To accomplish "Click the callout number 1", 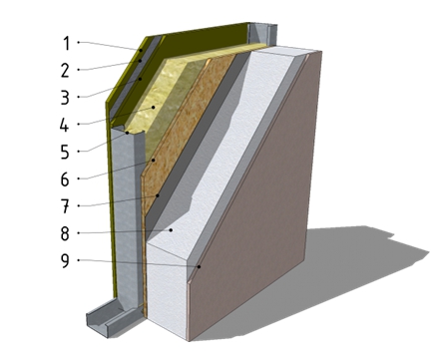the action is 67,43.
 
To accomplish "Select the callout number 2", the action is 65,71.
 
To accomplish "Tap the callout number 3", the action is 65,98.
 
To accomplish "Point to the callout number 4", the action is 65,125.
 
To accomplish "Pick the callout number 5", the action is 65,153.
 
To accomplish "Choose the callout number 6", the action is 65,180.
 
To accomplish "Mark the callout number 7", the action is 65,206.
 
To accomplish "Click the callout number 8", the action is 65,233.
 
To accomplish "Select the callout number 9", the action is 65,261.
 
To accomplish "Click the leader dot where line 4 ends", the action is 154,107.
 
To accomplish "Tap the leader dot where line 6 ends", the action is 154,161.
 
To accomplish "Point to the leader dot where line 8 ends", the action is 171,229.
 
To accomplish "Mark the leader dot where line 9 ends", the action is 200,266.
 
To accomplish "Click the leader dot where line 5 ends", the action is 128,133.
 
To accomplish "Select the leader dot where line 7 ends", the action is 158,195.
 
